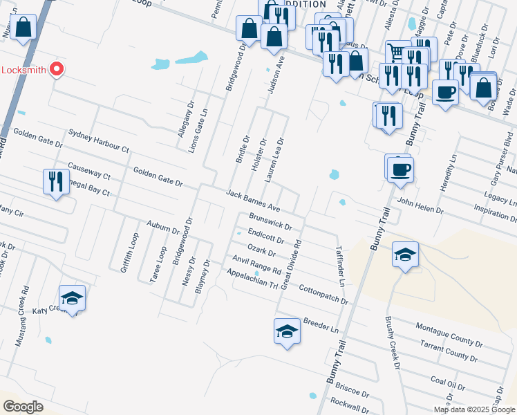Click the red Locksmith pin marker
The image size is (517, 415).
57,69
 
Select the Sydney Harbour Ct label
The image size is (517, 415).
99,140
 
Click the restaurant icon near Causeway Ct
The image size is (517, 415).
55,182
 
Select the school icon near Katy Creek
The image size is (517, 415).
72,298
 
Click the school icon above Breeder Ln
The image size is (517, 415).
288,331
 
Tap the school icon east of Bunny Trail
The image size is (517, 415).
405,255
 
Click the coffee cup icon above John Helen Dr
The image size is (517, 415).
400,169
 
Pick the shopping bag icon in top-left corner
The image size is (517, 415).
23,28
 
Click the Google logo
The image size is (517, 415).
23,407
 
